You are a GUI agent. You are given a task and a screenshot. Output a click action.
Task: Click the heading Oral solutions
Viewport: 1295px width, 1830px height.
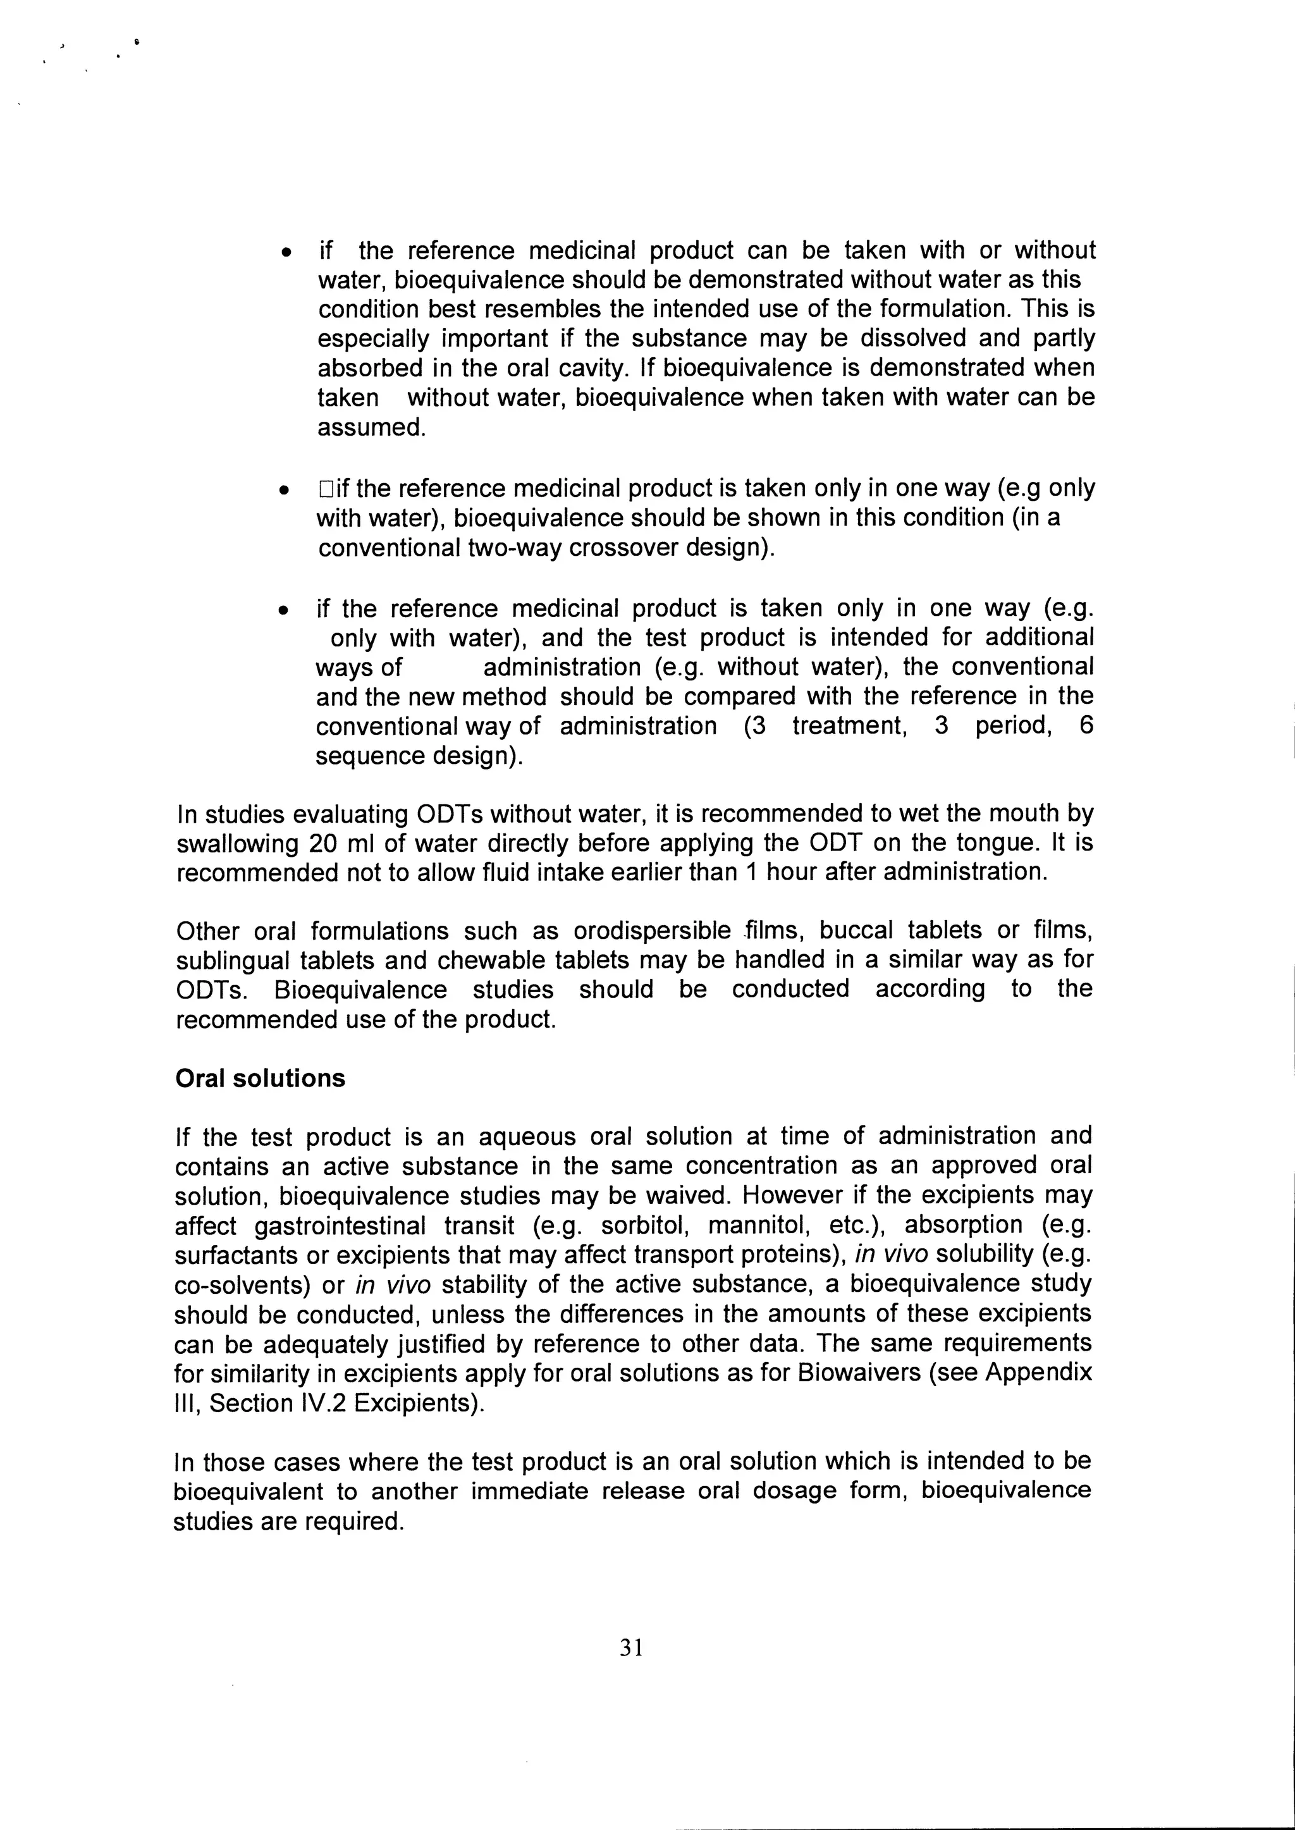tap(260, 1078)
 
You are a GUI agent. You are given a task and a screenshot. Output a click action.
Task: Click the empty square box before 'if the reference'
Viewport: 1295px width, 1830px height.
tap(324, 488)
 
